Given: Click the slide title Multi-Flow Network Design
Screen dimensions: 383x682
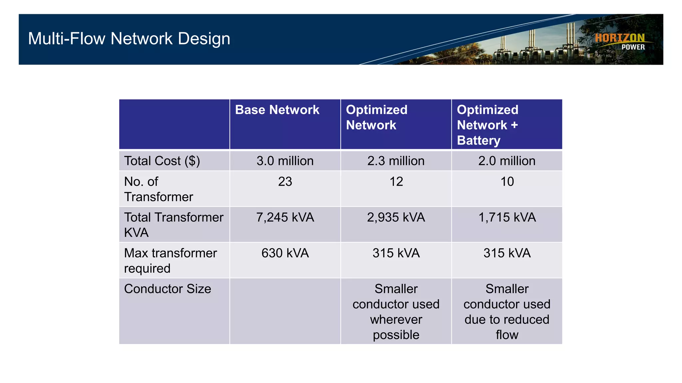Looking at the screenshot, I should click(x=129, y=39).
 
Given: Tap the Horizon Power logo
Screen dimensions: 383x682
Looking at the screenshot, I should click(x=620, y=42).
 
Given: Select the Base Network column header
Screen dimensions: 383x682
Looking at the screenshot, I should click(x=277, y=110).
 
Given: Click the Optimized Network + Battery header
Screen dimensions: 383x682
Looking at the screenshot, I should click(x=488, y=125).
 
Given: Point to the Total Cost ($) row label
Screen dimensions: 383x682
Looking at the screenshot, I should click(x=162, y=161).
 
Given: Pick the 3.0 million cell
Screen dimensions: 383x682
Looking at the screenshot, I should click(x=285, y=161).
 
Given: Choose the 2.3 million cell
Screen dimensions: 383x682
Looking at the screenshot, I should click(x=396, y=161).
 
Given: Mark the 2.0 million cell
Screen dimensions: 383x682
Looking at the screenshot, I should click(x=507, y=161).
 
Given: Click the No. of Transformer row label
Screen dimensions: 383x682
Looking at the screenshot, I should click(x=159, y=189).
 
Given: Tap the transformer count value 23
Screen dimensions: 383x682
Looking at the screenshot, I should click(x=285, y=182).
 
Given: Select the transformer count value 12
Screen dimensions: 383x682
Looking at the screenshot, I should click(x=396, y=182).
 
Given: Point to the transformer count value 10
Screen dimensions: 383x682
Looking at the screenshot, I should click(x=507, y=182).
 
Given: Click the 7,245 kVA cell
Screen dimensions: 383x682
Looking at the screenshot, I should click(x=285, y=217).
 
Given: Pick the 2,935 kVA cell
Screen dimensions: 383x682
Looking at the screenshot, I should click(x=396, y=217).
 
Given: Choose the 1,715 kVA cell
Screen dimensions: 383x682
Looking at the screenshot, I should click(x=507, y=217).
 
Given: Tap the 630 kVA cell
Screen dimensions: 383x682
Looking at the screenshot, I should click(x=285, y=253).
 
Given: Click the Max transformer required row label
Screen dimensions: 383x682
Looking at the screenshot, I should click(x=170, y=261).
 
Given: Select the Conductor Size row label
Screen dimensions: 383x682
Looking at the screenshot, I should click(x=168, y=289).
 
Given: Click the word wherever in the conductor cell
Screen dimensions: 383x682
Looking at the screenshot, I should click(x=396, y=319).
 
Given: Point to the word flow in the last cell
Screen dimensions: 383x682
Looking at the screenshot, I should click(x=507, y=335).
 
